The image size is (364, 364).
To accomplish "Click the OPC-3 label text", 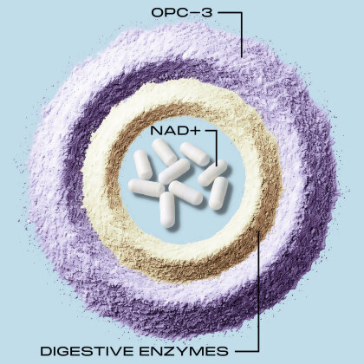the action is pyautogui.click(x=182, y=13).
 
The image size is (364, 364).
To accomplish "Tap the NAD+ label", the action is pyautogui.click(x=175, y=131).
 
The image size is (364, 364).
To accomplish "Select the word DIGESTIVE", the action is pyautogui.click(x=87, y=351).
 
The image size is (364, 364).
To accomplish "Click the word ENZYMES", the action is pyautogui.click(x=184, y=351).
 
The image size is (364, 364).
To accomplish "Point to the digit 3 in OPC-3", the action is pyautogui.click(x=208, y=13).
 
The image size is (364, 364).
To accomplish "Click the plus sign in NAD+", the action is pyautogui.click(x=196, y=131).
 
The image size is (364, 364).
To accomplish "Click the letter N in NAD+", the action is pyautogui.click(x=156, y=131).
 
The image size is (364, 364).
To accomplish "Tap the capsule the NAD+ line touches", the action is pyautogui.click(x=212, y=172).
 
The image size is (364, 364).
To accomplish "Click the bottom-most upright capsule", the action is pyautogui.click(x=167, y=210).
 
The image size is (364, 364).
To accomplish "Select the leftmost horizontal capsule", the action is pyautogui.click(x=146, y=188).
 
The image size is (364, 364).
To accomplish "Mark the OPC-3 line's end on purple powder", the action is pyautogui.click(x=242, y=56).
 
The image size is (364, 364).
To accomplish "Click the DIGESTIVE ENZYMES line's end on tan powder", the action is pyautogui.click(x=258, y=231).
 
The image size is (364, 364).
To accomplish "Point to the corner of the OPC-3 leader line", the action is pyautogui.click(x=242, y=13).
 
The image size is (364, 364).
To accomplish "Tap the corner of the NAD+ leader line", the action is pyautogui.click(x=216, y=131).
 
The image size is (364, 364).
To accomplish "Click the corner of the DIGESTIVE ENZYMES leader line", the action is pyautogui.click(x=258, y=351).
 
